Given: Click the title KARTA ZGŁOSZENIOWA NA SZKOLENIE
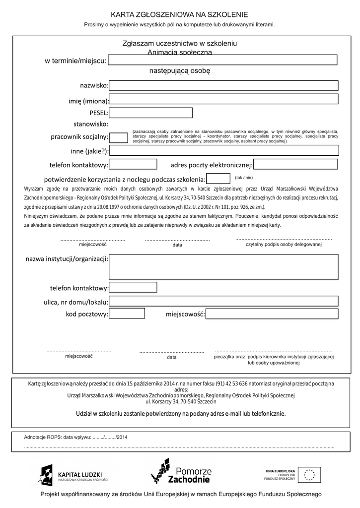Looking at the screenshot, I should click(179, 15).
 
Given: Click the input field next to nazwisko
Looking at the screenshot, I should click(223, 86).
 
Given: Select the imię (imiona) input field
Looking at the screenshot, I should click(223, 99).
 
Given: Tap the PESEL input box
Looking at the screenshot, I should click(151, 113).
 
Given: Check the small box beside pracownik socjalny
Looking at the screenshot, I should click(118, 137).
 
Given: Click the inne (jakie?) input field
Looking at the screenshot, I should click(224, 151).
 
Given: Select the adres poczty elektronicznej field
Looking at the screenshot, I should click(295, 164).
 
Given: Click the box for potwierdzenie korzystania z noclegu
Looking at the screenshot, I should click(218, 179).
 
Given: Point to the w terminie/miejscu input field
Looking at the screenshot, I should click(222, 60).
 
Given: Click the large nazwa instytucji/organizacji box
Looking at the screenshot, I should click(223, 267).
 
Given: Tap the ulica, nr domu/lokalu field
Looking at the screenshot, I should click(223, 301).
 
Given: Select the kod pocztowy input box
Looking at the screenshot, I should click(127, 314).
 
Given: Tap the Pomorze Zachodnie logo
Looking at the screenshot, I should click(181, 471).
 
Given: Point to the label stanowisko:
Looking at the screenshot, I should click(91, 124).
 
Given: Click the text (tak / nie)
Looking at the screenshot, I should click(244, 177).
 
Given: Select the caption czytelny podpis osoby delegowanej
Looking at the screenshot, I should click(284, 245).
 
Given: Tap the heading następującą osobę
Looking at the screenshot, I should click(180, 71).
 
